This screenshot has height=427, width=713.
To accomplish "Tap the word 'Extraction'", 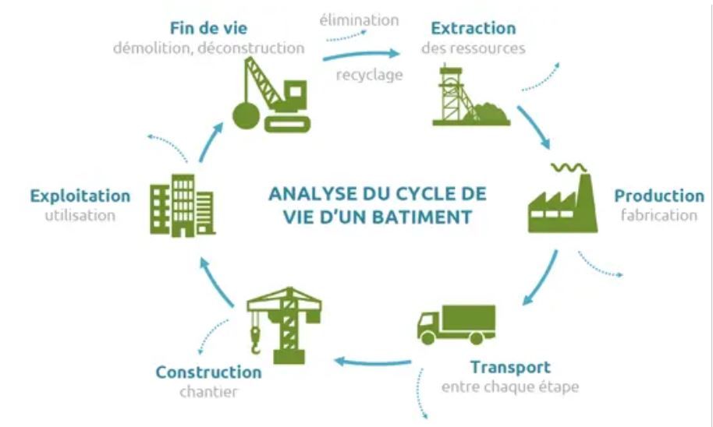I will tap(474, 28).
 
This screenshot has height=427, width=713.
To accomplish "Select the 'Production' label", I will tap(659, 196).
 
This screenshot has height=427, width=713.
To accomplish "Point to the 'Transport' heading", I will tap(510, 367).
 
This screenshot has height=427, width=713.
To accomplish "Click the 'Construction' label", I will tap(208, 372).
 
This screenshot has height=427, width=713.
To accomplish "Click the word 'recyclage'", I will tap(369, 76).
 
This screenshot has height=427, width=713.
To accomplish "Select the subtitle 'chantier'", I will tap(208, 392).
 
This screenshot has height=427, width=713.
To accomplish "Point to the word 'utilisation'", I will tap(80, 215).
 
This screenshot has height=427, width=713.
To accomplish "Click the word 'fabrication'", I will tap(659, 215).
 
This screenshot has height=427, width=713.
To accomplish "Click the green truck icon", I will tap(456, 323).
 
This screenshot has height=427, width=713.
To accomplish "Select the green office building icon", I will tap(181, 204).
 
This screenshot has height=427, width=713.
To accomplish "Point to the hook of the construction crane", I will tap(255, 338).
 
